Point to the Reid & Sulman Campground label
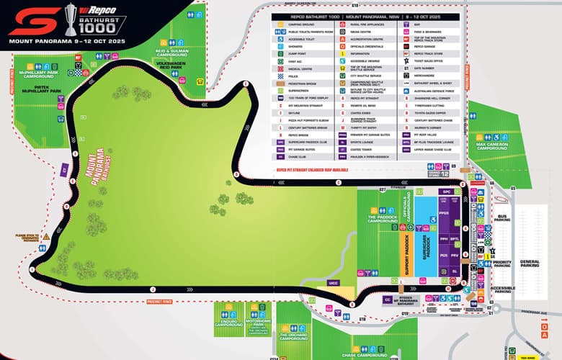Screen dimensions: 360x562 pos(171,53)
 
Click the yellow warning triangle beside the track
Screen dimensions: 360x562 pos(45,236)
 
